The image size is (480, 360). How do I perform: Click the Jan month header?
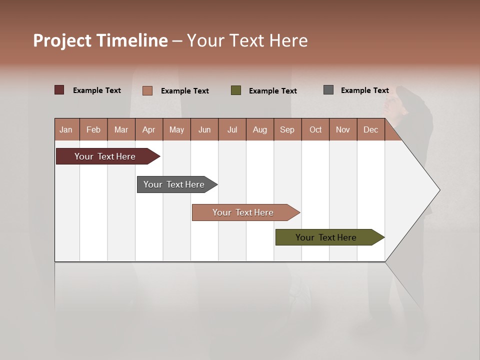pyautogui.click(x=66, y=129)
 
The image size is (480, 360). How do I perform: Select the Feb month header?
pyautogui.click(x=93, y=129)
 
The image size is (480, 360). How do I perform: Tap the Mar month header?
pyautogui.click(x=121, y=129)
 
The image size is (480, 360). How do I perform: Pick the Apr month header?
pyautogui.click(x=149, y=129)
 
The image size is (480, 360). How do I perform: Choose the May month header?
pyautogui.click(x=176, y=129)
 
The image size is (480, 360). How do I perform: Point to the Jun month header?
pyautogui.click(x=204, y=129)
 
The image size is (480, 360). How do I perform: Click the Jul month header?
pyautogui.click(x=232, y=129)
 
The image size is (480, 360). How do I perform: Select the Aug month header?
pyautogui.click(x=260, y=129)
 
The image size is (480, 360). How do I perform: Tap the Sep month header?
pyautogui.click(x=287, y=129)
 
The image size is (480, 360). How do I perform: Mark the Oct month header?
pyautogui.click(x=315, y=129)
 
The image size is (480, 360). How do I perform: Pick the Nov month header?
pyautogui.click(x=343, y=129)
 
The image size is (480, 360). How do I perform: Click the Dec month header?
pyautogui.click(x=371, y=129)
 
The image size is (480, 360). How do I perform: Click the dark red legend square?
pyautogui.click(x=59, y=90)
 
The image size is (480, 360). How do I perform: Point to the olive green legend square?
pyautogui.click(x=236, y=90)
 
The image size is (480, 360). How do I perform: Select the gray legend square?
pyautogui.click(x=328, y=90)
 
